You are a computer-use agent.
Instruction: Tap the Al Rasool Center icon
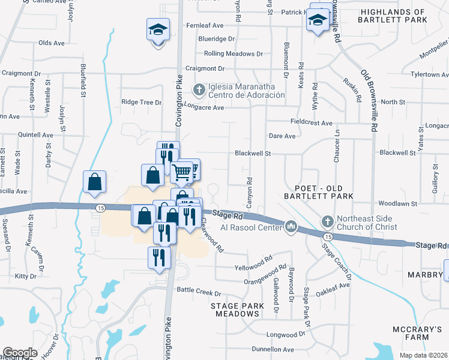292,227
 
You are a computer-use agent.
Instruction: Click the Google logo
20,353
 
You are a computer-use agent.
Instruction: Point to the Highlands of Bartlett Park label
393,16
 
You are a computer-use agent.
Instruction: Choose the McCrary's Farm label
417,334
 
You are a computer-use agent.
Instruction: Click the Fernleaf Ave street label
205,25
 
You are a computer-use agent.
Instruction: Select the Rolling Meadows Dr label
234,53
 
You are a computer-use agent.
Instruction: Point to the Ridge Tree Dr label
142,102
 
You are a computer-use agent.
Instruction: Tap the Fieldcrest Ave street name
312,122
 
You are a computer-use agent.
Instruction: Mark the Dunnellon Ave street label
273,349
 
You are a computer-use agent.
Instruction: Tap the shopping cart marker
182,172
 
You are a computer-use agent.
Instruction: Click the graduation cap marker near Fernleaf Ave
158,29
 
